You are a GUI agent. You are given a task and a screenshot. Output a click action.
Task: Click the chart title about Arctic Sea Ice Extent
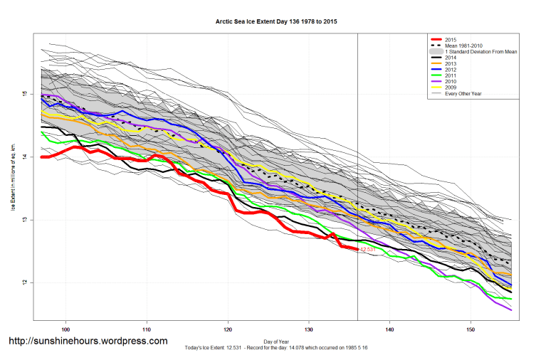pos(276,22)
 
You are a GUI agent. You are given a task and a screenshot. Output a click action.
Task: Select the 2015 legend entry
pos(448,38)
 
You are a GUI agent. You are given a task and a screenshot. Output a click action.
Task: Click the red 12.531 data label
pos(368,250)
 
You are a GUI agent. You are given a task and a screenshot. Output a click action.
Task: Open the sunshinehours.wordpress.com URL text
pos(88,342)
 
